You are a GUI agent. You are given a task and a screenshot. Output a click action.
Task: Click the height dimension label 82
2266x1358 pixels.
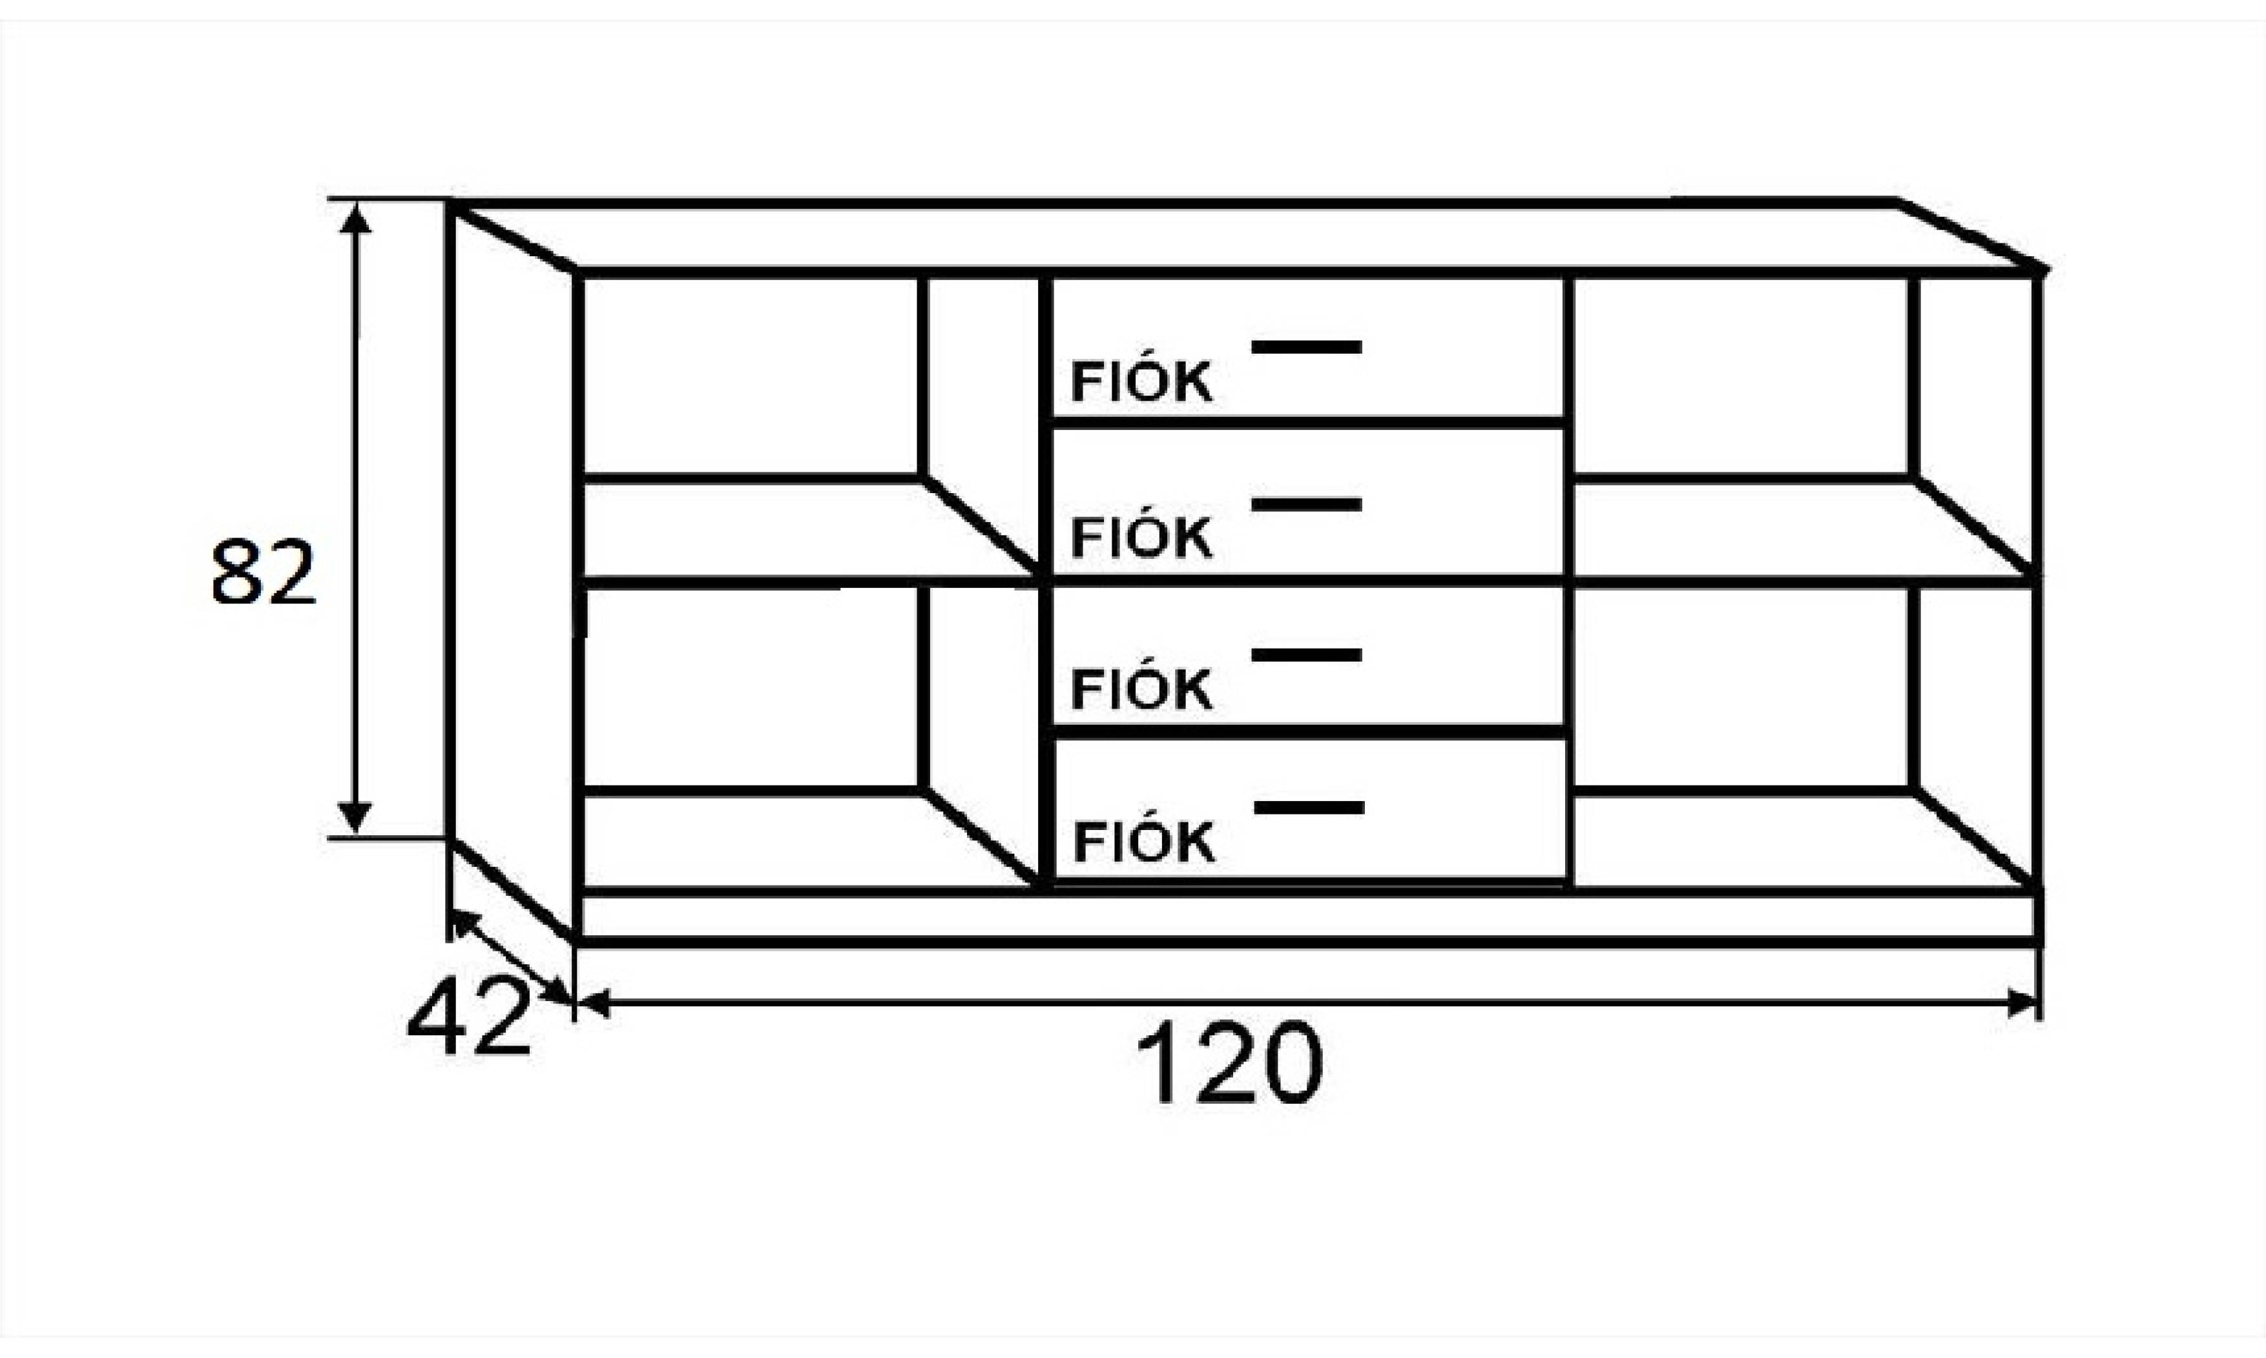(x=264, y=573)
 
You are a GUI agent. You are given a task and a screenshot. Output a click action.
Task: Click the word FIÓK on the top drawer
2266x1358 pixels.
(x=1141, y=383)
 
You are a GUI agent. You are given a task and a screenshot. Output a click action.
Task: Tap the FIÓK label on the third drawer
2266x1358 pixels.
(x=1141, y=690)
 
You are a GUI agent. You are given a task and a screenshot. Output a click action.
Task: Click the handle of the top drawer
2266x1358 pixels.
(x=1307, y=347)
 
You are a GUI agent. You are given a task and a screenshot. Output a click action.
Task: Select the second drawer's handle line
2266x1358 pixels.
(x=1307, y=504)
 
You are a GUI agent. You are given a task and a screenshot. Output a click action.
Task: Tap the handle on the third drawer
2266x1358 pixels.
(x=1307, y=654)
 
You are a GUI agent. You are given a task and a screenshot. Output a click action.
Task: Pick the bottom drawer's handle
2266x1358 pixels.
(x=1309, y=807)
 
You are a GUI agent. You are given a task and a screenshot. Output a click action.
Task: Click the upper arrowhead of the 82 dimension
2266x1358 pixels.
(x=355, y=219)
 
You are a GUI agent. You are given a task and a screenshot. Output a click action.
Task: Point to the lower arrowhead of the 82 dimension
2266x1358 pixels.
(x=355, y=816)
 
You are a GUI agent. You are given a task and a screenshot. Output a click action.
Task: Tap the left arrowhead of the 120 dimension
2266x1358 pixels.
(x=593, y=1003)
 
